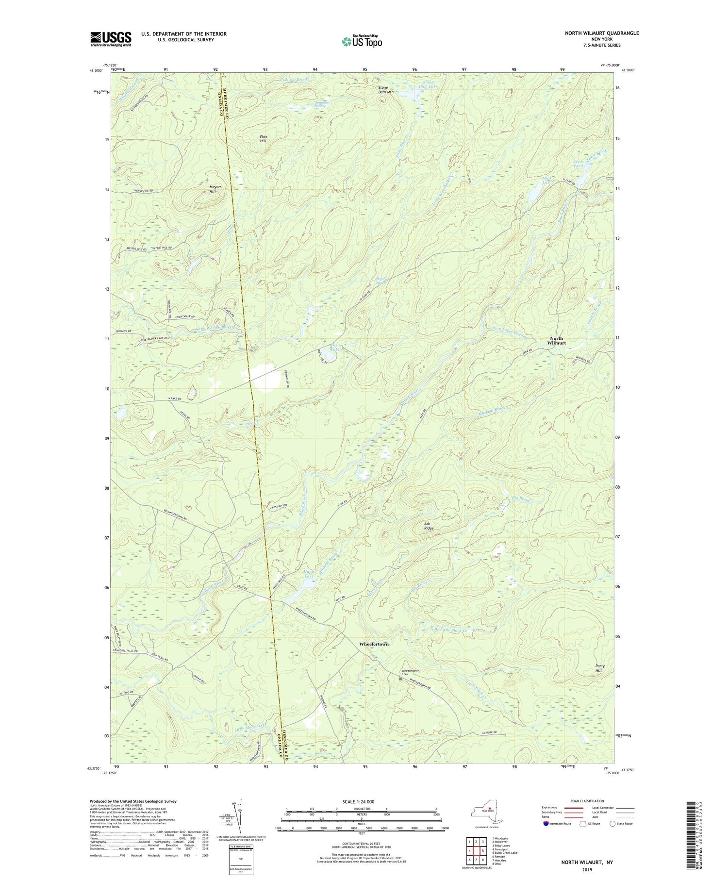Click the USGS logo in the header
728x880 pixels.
[x=111, y=39]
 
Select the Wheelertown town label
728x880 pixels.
[x=374, y=644]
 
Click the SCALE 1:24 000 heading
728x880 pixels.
[x=361, y=801]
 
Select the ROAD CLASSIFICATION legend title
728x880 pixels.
[x=587, y=801]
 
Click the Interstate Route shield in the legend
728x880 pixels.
[x=546, y=823]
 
